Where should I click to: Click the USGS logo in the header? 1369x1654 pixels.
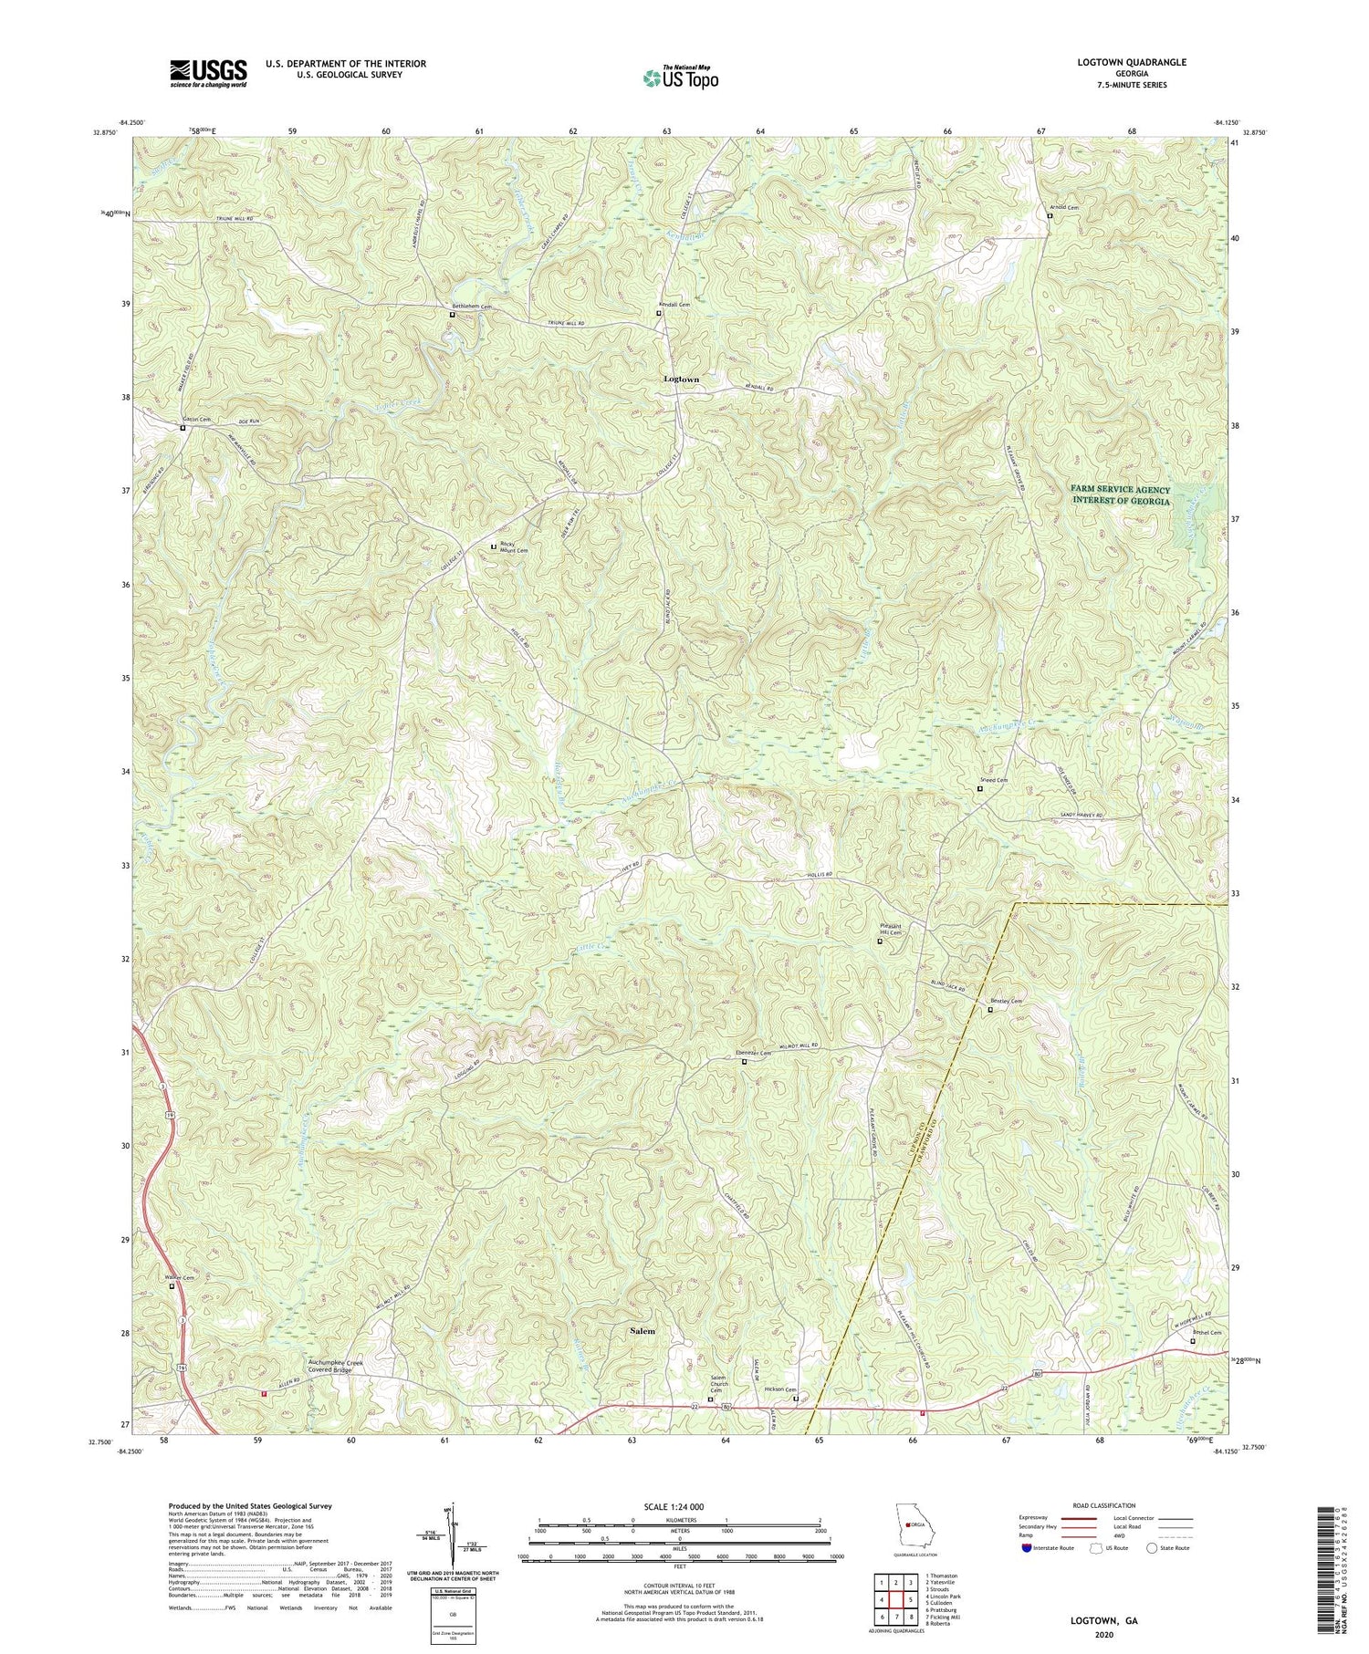point(208,73)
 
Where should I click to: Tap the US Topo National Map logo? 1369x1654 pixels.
point(680,78)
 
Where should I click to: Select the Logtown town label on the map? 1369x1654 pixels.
point(681,379)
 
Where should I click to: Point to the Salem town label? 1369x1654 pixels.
point(643,1331)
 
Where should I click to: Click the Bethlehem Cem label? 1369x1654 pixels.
point(472,307)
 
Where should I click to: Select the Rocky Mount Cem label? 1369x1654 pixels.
point(512,546)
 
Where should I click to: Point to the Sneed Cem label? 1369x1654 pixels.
point(994,781)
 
